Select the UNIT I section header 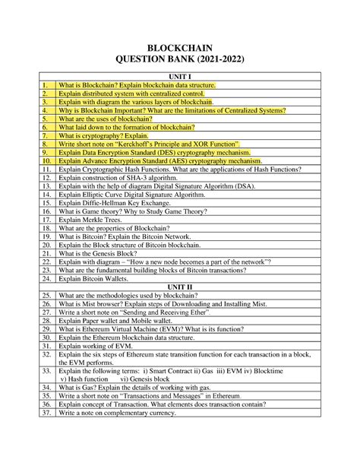click(180, 77)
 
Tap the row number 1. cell click(46, 85)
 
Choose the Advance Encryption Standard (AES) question click(160, 161)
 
